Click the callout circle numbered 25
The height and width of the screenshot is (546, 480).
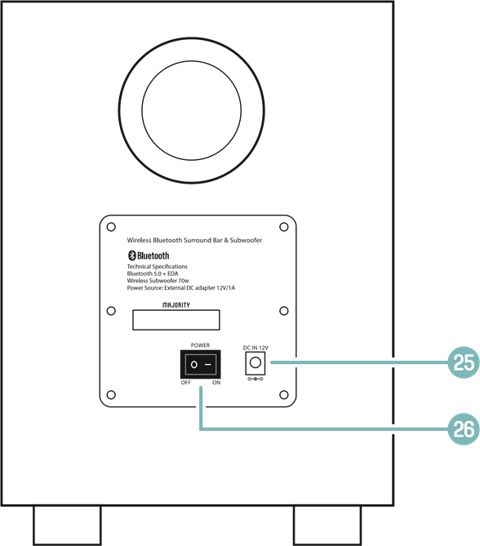coord(464,362)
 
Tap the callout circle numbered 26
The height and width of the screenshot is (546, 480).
coord(464,429)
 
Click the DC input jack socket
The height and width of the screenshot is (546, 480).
coord(256,363)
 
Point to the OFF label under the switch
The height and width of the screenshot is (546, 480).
coord(186,383)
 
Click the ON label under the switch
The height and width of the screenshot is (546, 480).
coord(216,383)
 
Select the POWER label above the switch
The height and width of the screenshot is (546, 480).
coord(200,345)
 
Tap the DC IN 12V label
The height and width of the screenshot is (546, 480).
coord(256,348)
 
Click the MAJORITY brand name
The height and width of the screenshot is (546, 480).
coord(176,305)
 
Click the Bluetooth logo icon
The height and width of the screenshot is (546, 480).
coord(132,255)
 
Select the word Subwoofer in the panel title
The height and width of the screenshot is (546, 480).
coord(246,240)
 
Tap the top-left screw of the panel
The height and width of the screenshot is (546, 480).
coord(111,227)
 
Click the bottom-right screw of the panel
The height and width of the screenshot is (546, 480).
coord(284,395)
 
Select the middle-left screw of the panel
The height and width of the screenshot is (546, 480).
coord(111,311)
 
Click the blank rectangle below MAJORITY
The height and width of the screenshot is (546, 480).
coord(176,320)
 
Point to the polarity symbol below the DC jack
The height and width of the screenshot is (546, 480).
coord(256,379)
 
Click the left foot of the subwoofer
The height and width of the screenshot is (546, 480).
coord(67,526)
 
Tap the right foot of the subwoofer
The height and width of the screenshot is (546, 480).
coord(327,526)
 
